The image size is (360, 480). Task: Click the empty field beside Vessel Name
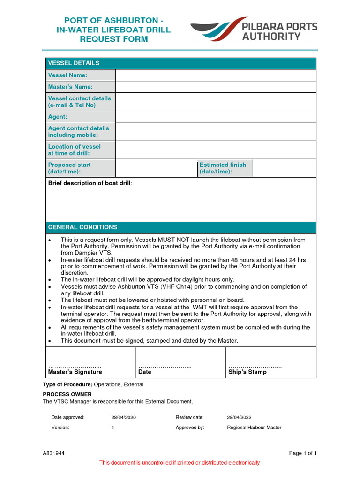click(x=216, y=75)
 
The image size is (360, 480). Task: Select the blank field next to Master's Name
click(x=216, y=87)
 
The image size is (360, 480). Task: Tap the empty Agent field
click(x=216, y=117)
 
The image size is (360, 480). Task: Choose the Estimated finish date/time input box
click(x=284, y=168)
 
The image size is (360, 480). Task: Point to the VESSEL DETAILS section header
click(x=74, y=63)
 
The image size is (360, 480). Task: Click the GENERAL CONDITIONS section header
click(x=82, y=227)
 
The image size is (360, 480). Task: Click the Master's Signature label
click(x=75, y=372)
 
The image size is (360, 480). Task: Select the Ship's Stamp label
click(x=247, y=372)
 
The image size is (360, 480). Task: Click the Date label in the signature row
click(x=145, y=372)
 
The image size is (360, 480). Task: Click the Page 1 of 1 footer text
click(x=303, y=453)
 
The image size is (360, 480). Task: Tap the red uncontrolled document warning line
click(x=180, y=463)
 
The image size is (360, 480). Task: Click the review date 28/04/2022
click(x=239, y=417)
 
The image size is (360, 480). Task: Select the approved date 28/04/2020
click(x=124, y=417)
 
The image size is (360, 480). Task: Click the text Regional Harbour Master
click(x=254, y=427)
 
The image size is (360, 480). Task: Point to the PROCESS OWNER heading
click(x=67, y=394)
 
